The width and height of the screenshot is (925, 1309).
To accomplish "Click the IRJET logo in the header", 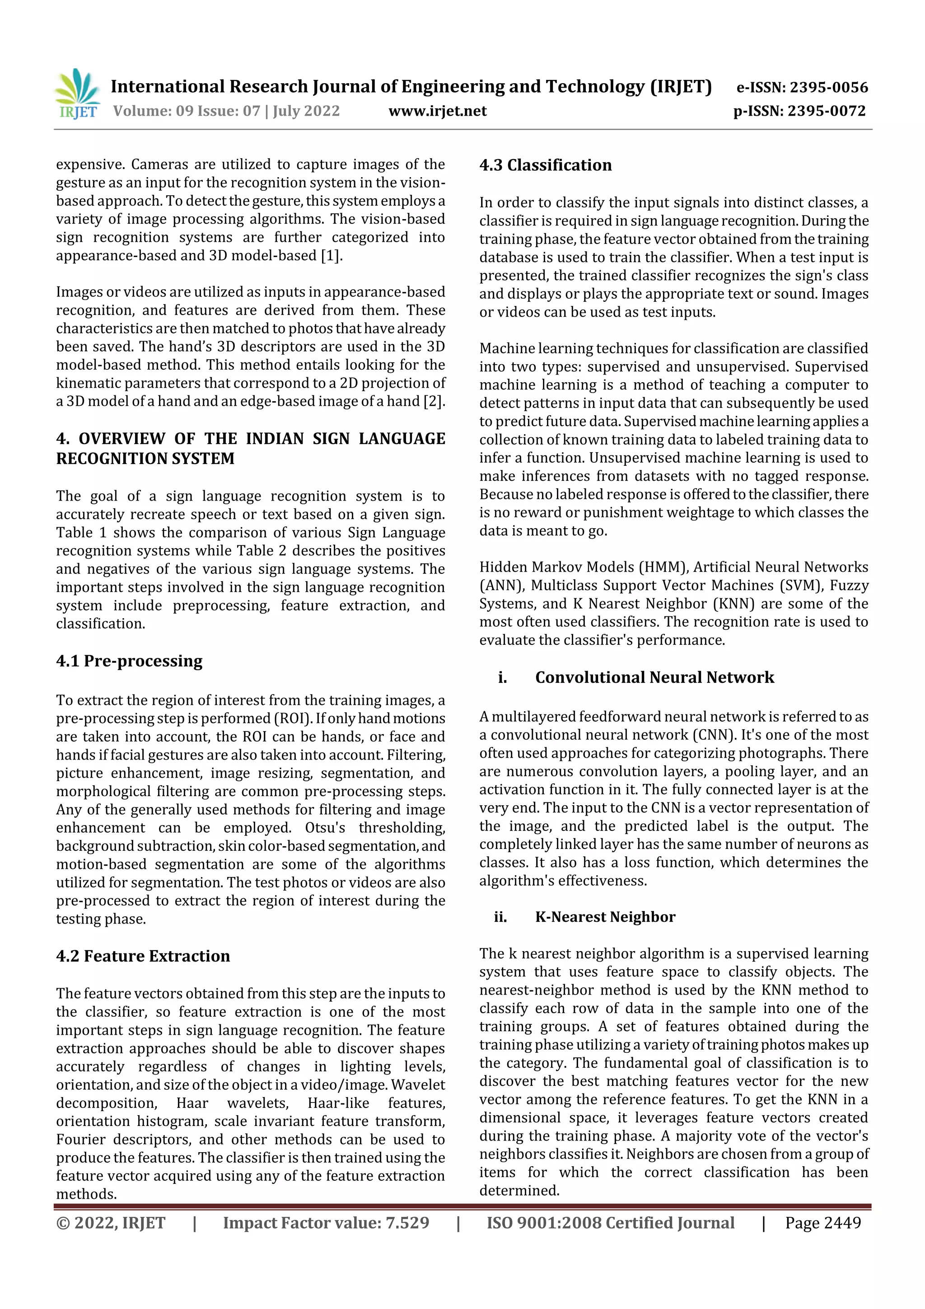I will point(78,94).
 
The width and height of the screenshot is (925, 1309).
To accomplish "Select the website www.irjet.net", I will point(437,111).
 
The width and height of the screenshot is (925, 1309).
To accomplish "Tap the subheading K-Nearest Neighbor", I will point(605,917).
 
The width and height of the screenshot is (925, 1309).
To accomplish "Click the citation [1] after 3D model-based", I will point(331,255).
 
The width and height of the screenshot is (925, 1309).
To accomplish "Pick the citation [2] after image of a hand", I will point(433,401).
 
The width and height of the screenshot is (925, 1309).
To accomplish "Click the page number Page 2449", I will point(822,1223).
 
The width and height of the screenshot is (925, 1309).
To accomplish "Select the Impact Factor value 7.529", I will point(407,1223).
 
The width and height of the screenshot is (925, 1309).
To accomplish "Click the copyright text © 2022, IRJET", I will point(110,1223).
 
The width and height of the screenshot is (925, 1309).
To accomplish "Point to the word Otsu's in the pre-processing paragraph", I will point(325,828).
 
